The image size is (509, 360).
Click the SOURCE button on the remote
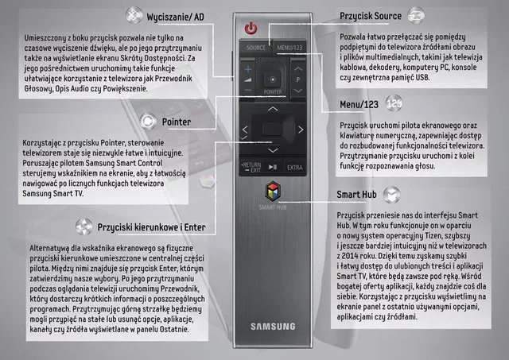pyautogui.click(x=256, y=48)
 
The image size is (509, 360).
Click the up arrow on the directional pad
pyautogui.click(x=273, y=107)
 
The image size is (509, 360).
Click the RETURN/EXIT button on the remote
pyautogui.click(x=251, y=167)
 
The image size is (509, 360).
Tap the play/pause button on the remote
pyautogui.click(x=272, y=167)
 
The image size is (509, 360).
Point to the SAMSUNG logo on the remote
pyautogui.click(x=273, y=326)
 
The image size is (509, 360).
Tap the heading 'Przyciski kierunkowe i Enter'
pyautogui.click(x=153, y=226)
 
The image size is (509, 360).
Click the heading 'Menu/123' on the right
pyautogui.click(x=358, y=103)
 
